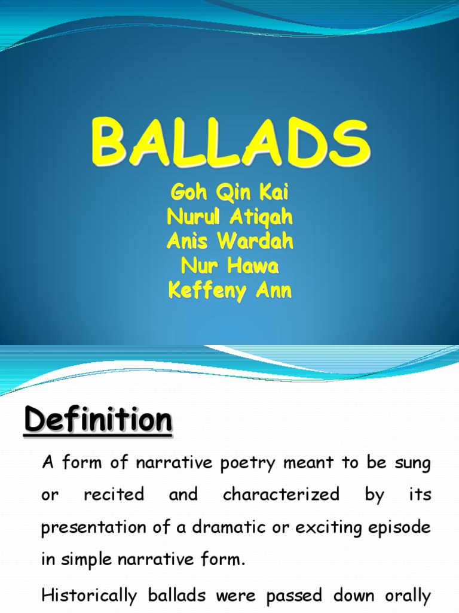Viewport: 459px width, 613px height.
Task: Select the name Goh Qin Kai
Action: tap(229, 195)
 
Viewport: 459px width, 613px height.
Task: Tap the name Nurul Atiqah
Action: tap(229, 219)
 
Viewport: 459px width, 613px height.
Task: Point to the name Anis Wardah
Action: tap(229, 242)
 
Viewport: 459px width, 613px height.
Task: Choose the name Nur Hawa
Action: tap(229, 266)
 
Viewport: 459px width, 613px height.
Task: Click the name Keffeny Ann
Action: tap(229, 291)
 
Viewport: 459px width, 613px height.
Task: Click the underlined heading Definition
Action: tap(98, 420)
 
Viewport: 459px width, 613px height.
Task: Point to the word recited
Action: tap(114, 494)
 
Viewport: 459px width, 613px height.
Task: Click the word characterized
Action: tap(281, 494)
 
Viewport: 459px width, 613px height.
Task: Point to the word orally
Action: tap(405, 596)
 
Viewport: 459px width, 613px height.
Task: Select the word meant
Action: tap(320, 463)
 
